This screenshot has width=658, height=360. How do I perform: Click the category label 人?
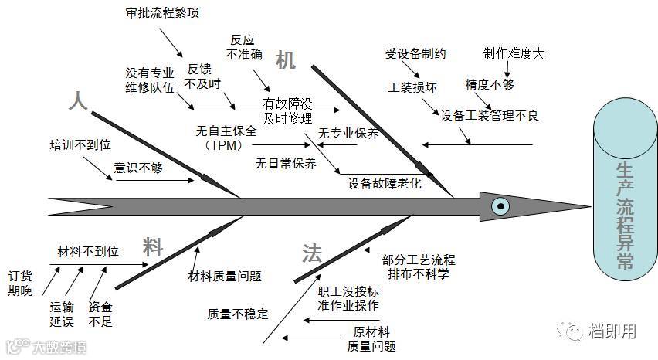point(77,100)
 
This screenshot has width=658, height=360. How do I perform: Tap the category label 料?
point(153,247)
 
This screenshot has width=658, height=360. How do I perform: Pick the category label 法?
point(312,252)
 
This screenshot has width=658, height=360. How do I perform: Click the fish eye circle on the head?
point(500,205)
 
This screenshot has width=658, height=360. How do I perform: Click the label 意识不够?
point(138,166)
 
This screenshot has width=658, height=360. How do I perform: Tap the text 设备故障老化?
point(385,183)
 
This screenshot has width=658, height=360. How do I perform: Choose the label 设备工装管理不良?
point(489,116)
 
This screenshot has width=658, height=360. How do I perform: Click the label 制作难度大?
point(514,54)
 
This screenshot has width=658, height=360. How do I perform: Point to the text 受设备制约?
point(415,54)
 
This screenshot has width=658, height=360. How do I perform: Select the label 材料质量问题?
point(225,276)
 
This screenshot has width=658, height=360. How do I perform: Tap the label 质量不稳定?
point(238,314)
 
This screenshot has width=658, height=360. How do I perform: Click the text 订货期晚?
point(21,283)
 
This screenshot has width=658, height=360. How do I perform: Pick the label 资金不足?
point(100,313)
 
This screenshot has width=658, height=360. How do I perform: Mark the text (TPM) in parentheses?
point(224,145)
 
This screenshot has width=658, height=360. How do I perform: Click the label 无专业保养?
point(348,133)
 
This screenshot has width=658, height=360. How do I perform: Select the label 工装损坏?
point(412,87)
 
